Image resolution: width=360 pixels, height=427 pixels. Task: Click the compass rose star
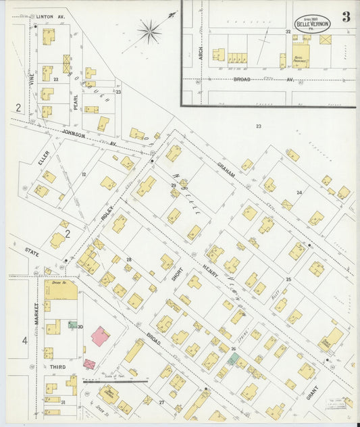[x=149, y=30]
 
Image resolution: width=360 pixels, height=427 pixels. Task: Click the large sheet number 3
[x=346, y=17]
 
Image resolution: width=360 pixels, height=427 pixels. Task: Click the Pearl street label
[x=76, y=101]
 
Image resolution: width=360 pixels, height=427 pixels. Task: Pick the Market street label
[x=37, y=314]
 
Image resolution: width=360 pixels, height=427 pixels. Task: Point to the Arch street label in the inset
[x=201, y=54]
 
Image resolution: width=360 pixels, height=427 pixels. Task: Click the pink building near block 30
[x=100, y=336]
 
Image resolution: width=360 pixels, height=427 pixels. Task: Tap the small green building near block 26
[x=232, y=359]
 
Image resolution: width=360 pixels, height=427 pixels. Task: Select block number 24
[x=299, y=192]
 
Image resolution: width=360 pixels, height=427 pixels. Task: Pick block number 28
[x=128, y=259]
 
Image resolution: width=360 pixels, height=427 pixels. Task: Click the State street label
[x=31, y=253]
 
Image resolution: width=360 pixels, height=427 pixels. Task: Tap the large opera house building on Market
[x=61, y=289]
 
